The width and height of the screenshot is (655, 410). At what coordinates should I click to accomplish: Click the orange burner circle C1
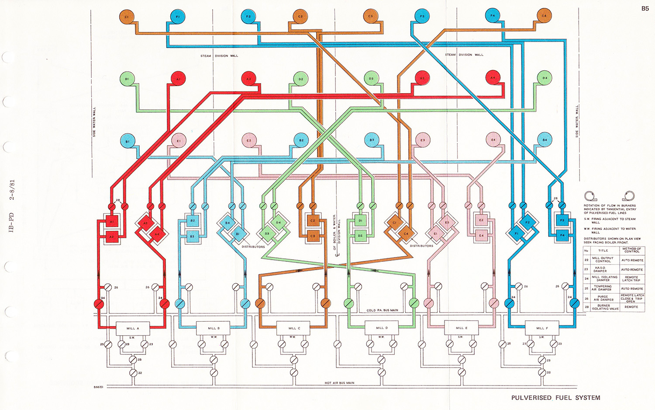(x=126, y=17)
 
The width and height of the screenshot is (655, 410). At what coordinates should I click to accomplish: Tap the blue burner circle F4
(x=492, y=16)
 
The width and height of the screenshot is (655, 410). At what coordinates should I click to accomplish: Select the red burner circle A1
(x=178, y=79)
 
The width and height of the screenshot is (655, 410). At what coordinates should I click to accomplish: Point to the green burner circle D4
(x=545, y=78)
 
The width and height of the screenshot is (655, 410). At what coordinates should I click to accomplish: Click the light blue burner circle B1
(x=128, y=141)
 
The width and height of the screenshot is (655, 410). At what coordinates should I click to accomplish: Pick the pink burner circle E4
(x=493, y=140)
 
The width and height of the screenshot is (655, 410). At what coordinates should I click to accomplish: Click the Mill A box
(x=133, y=328)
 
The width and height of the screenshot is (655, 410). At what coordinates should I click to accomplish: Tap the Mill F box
(x=542, y=328)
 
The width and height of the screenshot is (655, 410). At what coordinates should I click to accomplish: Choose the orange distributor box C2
(x=312, y=221)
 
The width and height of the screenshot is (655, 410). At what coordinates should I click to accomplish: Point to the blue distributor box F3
(x=562, y=221)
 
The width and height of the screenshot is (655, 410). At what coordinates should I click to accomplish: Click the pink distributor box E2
(x=481, y=220)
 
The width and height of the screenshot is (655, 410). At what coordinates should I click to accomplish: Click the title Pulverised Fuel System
(x=555, y=398)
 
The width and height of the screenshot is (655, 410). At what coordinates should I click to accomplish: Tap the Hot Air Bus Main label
(x=339, y=383)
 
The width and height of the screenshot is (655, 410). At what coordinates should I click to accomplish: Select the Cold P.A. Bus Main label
(x=382, y=310)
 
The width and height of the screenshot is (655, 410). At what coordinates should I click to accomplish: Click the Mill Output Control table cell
(x=603, y=260)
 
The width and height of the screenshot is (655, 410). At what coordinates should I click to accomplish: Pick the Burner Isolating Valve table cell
(x=605, y=307)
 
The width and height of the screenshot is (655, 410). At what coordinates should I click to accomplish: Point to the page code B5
(x=645, y=9)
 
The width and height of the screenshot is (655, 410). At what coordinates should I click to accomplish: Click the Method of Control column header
(x=631, y=250)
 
